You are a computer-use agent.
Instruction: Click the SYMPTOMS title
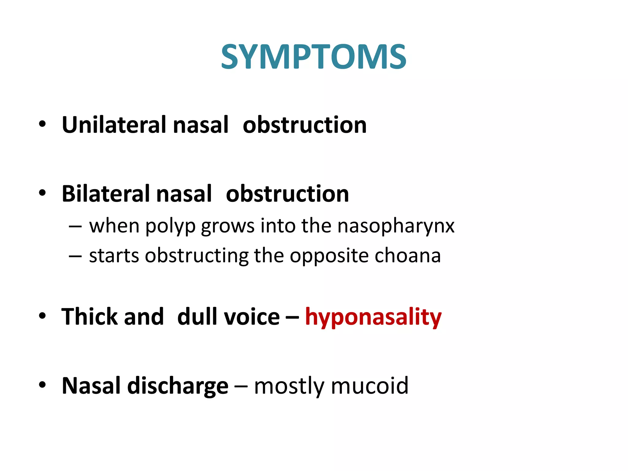click(x=314, y=57)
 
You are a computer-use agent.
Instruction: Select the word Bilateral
click(x=105, y=194)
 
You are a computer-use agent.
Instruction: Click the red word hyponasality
click(x=373, y=317)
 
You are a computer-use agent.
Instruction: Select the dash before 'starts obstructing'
click(x=75, y=255)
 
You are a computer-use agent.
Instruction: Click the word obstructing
click(x=197, y=256)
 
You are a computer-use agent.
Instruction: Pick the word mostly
click(x=289, y=386)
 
